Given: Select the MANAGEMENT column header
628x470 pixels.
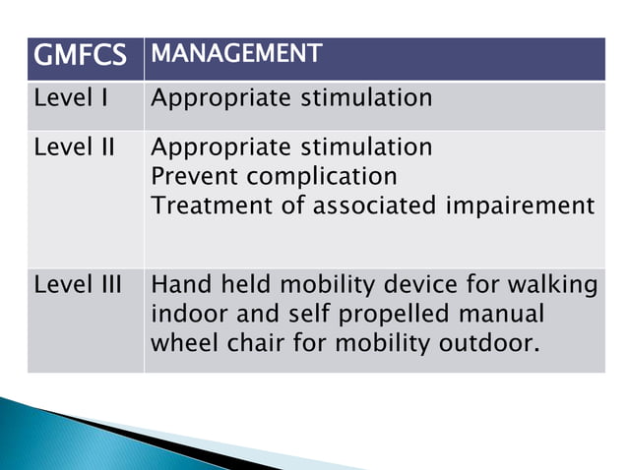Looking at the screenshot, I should (x=235, y=55).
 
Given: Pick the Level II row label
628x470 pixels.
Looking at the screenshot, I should (x=74, y=147).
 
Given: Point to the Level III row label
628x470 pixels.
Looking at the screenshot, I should (x=78, y=285).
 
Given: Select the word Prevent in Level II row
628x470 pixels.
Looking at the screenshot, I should (x=194, y=176).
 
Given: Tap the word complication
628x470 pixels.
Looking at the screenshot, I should (x=322, y=176).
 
